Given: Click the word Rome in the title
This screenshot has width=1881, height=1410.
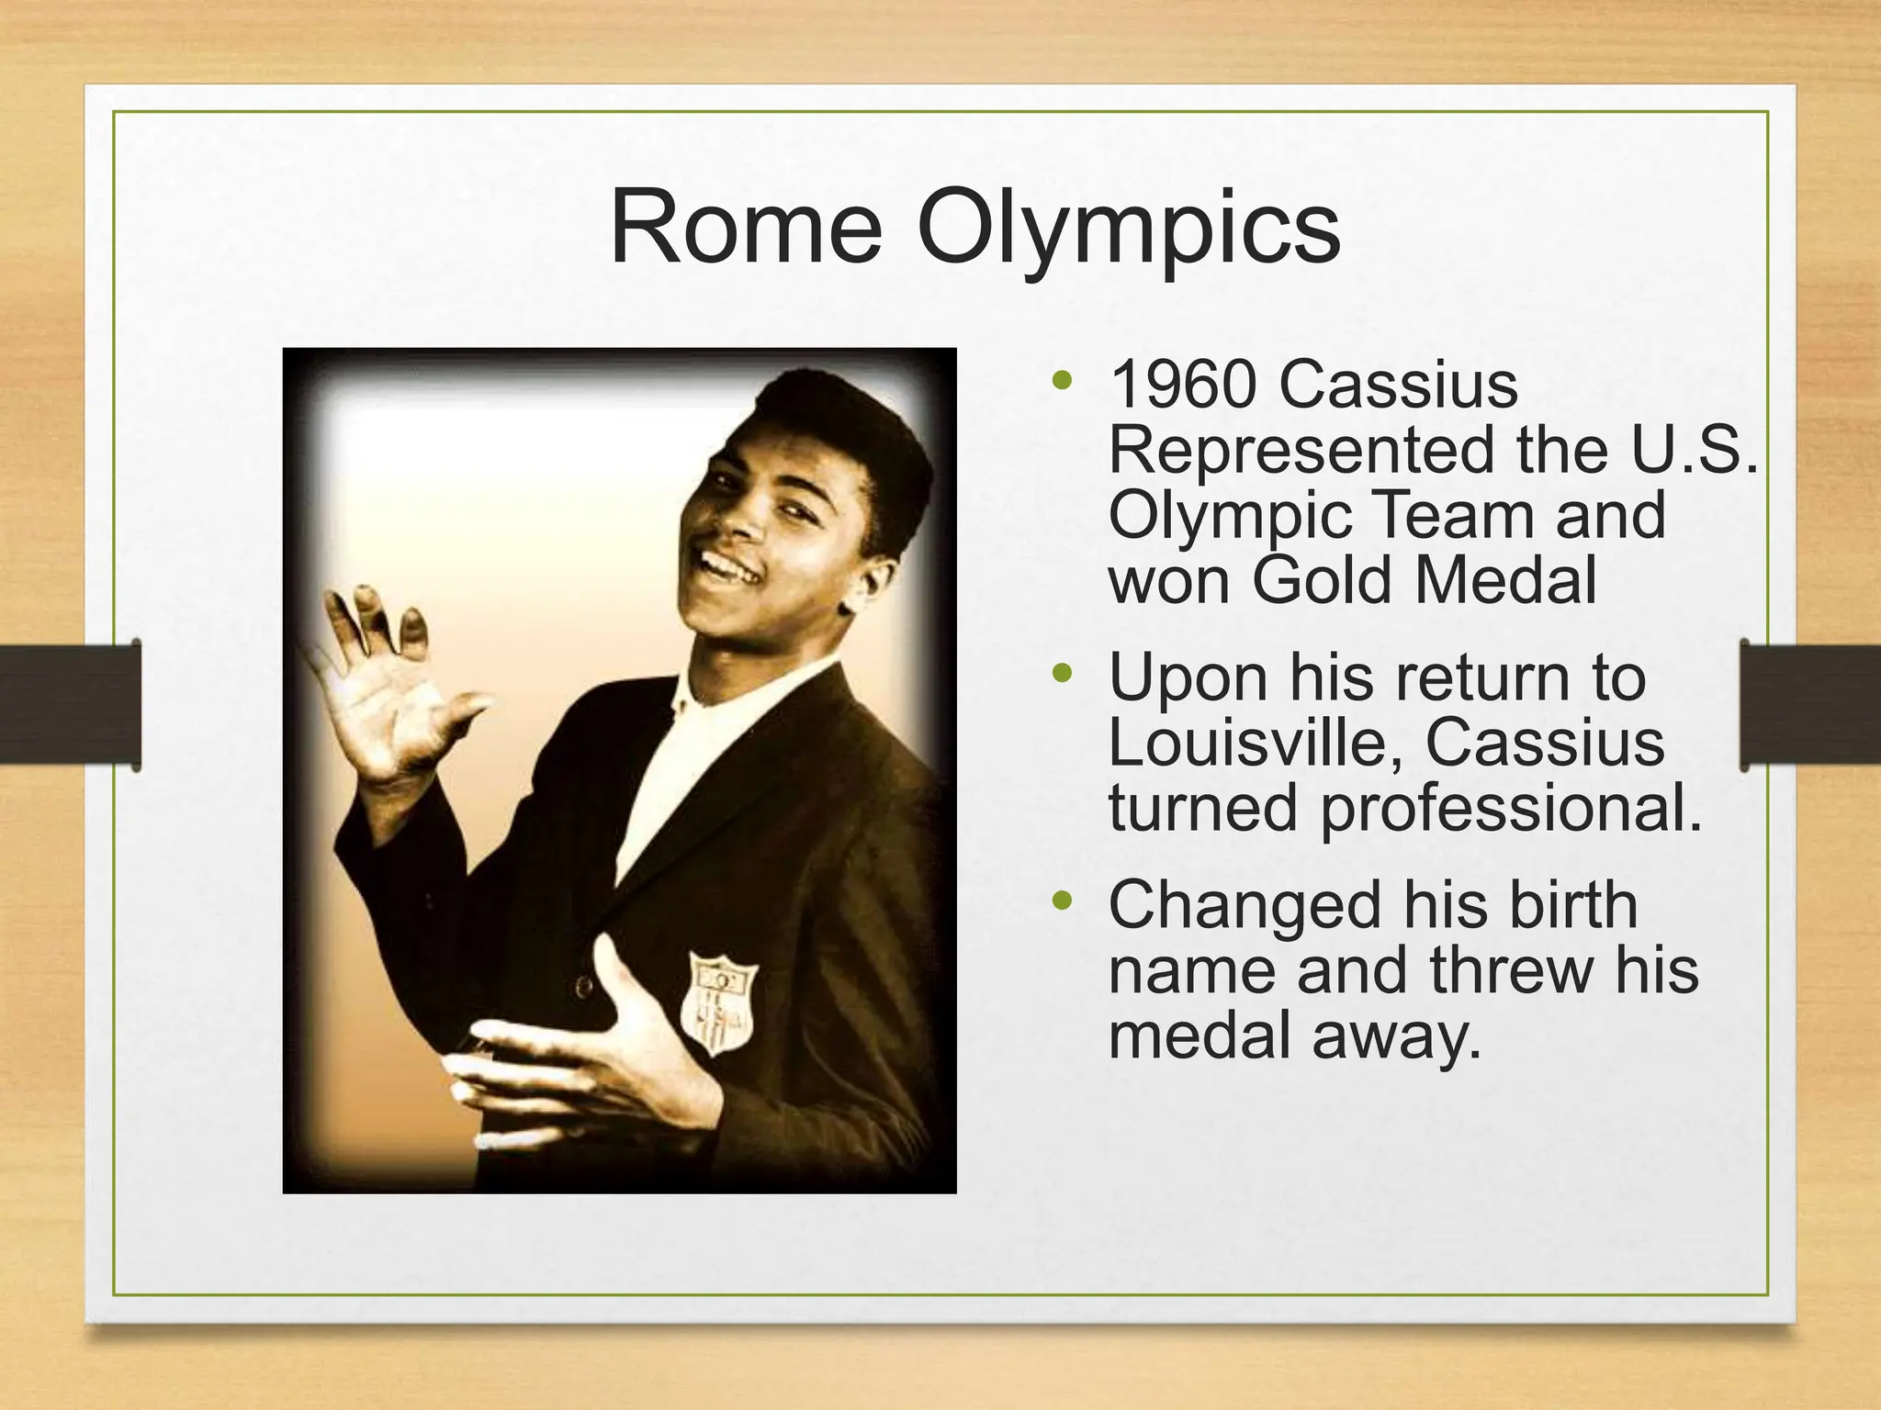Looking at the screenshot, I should point(746,228).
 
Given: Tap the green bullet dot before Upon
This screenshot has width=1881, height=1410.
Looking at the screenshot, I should point(1063,675).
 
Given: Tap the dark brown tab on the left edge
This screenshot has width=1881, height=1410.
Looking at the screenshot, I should point(70,704).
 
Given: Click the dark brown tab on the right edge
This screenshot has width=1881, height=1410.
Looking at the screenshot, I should point(1809,704).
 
